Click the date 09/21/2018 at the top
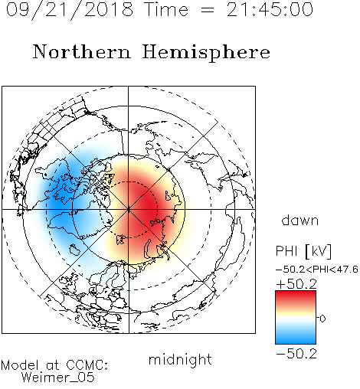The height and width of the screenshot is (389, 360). coord(70,10)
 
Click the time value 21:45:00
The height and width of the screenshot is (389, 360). coord(270,9)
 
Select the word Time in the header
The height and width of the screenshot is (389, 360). coord(166,9)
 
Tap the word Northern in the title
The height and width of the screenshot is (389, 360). coord(82,51)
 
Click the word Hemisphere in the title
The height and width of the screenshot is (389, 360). coord(206,53)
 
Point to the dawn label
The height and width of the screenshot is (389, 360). coord(300,220)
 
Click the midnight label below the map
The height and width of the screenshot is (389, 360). coord(180,359)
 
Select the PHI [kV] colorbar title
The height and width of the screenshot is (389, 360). coord(303,251)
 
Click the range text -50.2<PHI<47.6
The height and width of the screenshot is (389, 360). coord(317,270)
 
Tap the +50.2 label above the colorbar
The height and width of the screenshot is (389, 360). coord(296,284)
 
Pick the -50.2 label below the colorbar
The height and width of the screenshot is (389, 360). coord(296,354)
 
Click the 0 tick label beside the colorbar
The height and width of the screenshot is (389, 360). coord(322,319)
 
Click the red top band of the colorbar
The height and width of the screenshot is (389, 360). coord(296,296)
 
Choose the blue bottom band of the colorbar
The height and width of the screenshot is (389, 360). coord(296,338)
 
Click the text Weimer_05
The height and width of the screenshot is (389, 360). coord(58,378)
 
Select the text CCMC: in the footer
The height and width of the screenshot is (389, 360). coord(87,365)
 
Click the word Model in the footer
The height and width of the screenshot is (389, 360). coord(20,365)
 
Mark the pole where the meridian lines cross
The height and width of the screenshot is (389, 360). coord(129,210)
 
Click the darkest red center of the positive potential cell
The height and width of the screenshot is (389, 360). coord(147,205)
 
